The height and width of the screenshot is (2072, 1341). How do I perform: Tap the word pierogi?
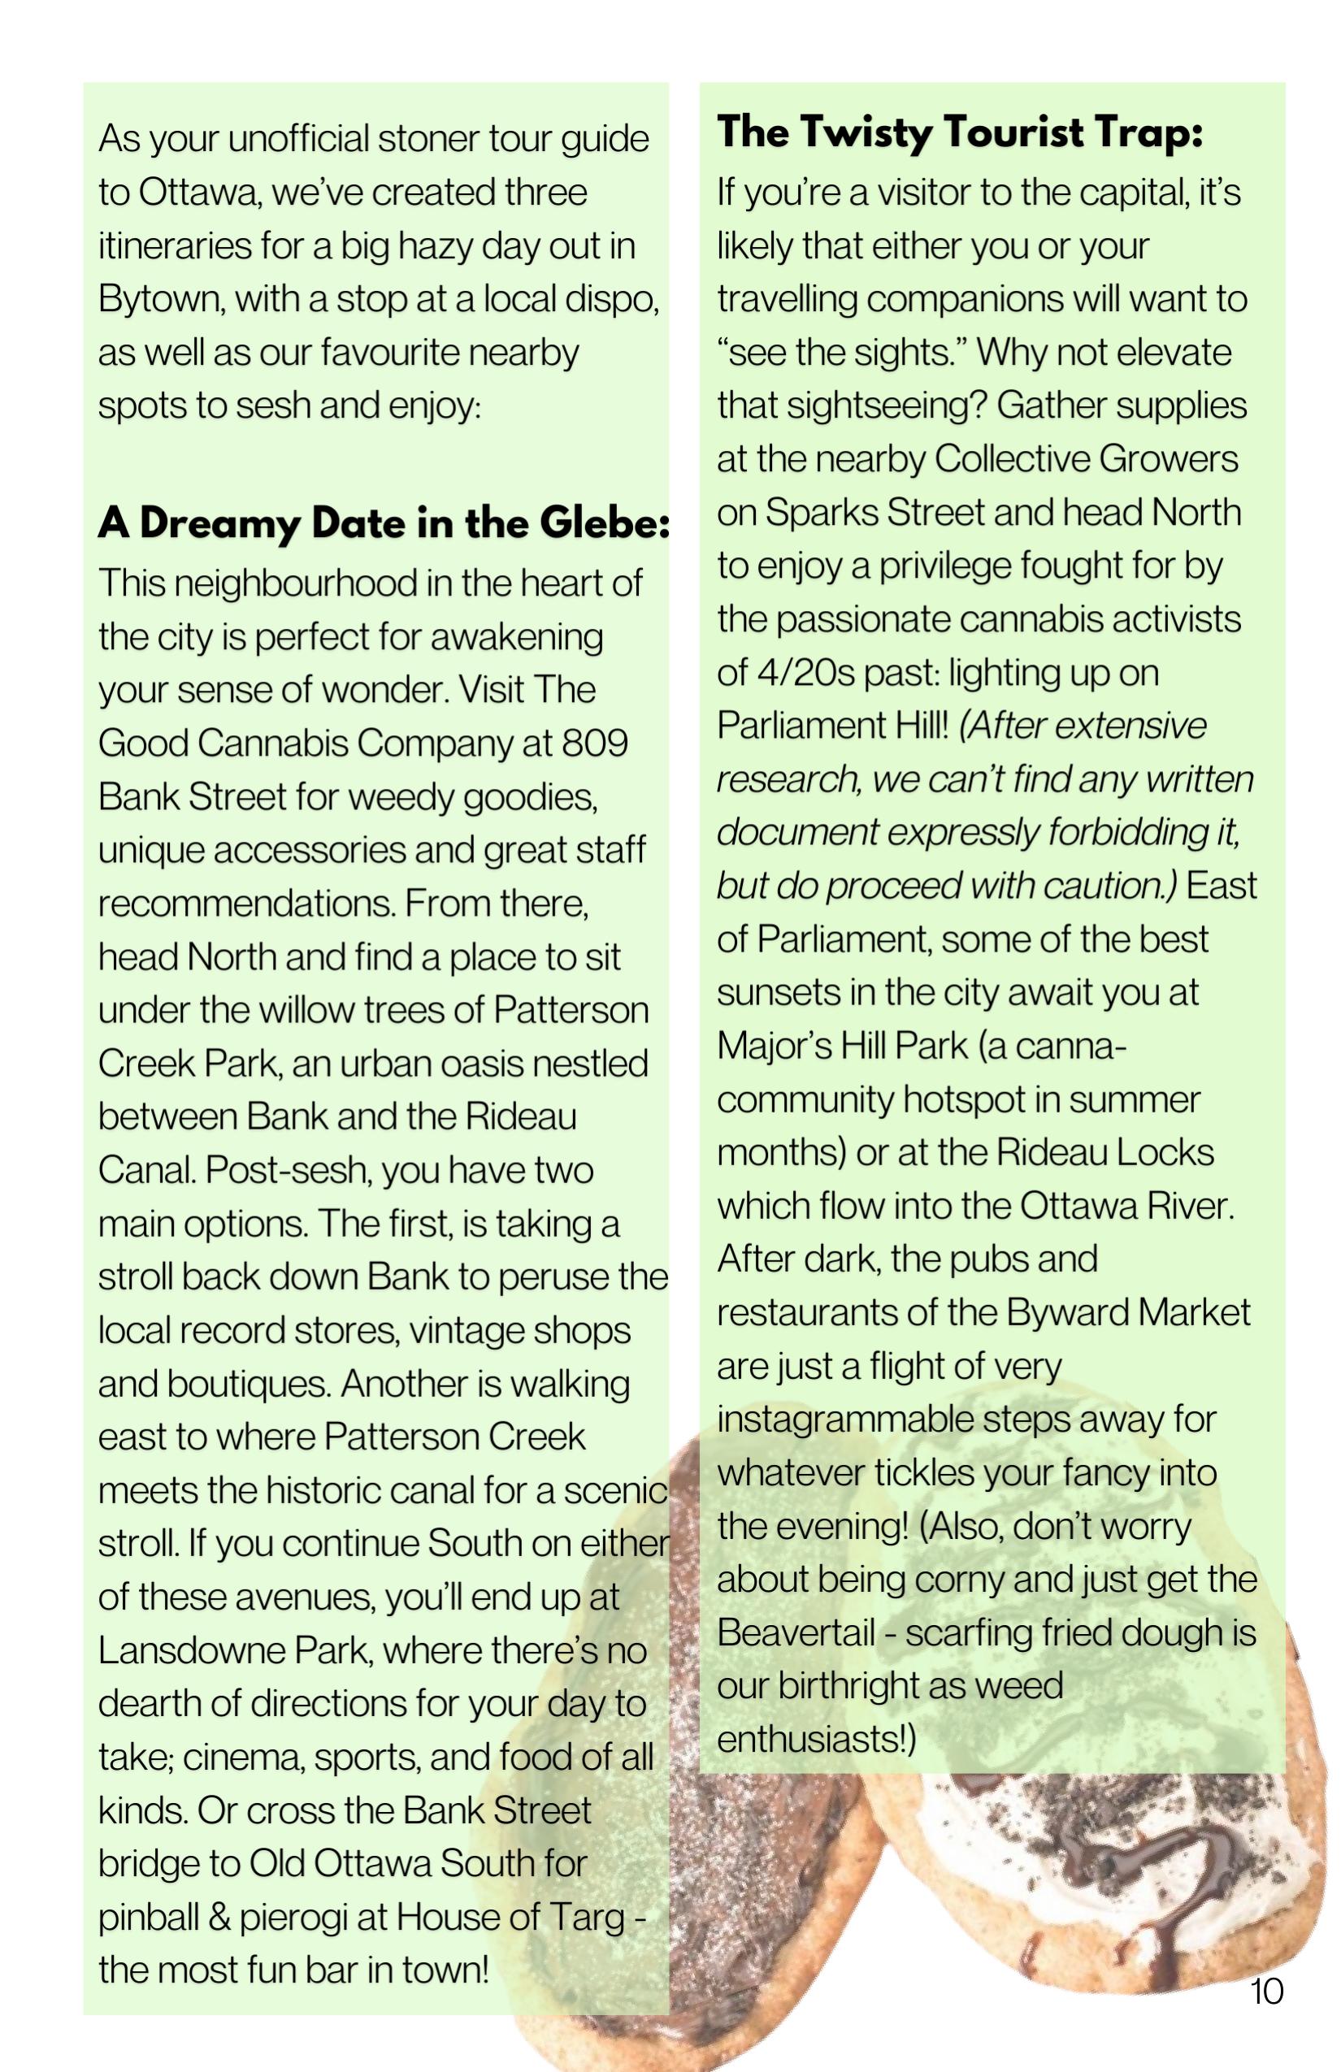point(306,1917)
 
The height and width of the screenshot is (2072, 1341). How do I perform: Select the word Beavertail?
point(795,1632)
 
